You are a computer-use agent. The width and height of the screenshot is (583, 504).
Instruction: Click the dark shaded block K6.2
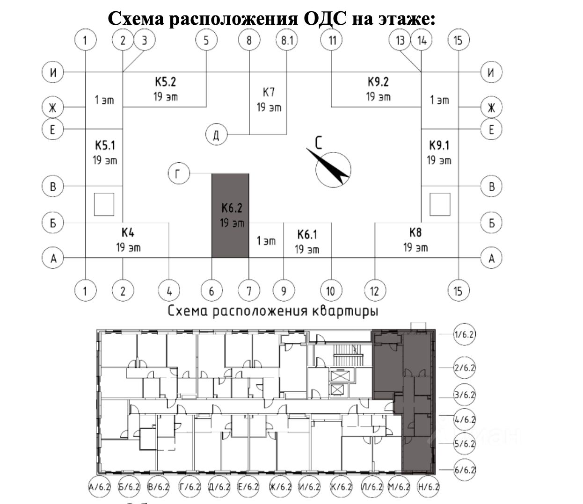coord(230,215)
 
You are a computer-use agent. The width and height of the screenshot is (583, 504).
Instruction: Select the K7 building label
coord(269,92)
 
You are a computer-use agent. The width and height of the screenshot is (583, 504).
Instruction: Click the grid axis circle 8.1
coord(287,40)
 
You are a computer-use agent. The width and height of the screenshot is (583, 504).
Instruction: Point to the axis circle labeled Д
coord(216,135)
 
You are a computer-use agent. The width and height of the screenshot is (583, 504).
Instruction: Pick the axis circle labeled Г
coord(178,174)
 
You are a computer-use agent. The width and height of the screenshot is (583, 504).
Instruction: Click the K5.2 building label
coord(166,82)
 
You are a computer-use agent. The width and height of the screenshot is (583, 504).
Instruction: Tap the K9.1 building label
coord(439,145)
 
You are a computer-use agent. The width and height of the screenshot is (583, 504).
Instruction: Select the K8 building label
coord(415,232)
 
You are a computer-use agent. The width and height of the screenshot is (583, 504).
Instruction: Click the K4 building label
coord(128,232)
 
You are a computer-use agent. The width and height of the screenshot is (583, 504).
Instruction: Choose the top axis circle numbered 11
coord(332,40)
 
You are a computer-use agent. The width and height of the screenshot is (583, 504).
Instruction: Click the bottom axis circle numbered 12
coord(374,291)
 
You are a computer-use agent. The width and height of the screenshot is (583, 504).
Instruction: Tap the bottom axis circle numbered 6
coord(211,291)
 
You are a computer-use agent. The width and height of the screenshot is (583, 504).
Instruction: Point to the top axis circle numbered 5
coord(206,40)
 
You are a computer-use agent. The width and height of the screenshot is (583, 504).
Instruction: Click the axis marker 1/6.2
coord(465,334)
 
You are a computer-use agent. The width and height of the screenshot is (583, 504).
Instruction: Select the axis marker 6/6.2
coord(465,469)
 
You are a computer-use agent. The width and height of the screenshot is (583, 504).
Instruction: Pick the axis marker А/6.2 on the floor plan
coord(99,487)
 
